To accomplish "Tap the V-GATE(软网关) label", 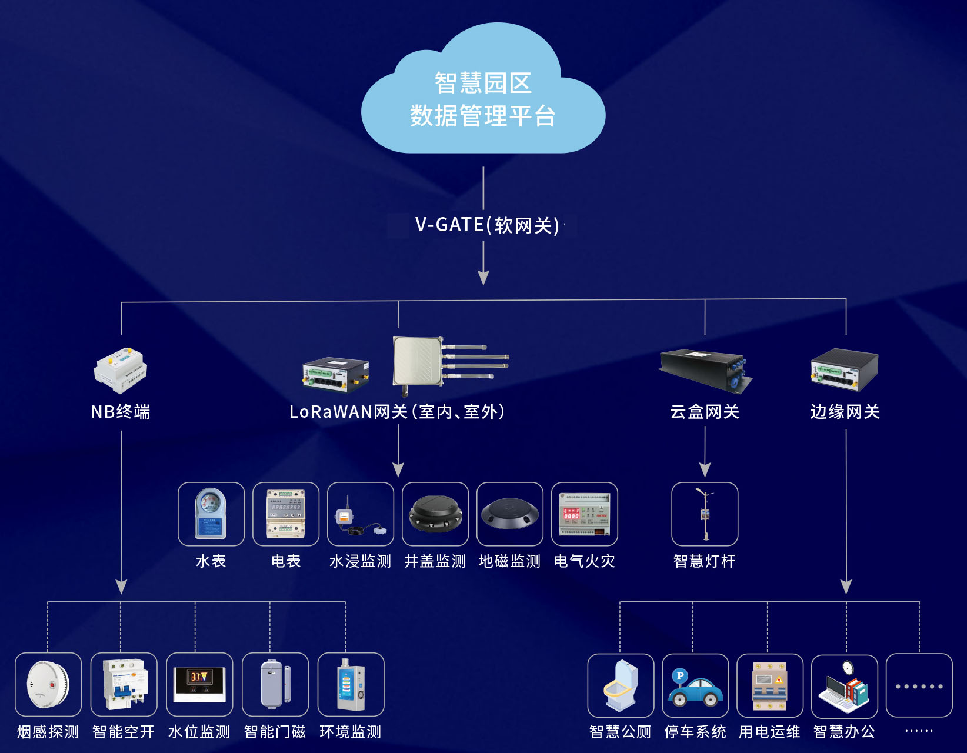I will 487,225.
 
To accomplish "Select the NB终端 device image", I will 121,370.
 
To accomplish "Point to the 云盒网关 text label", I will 705,412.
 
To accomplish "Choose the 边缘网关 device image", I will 844,370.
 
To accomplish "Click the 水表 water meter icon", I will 211,514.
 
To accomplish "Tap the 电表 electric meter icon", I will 286,514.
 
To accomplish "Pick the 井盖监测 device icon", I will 435,514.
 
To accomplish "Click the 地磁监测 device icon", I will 509,514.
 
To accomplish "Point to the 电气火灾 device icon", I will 585,514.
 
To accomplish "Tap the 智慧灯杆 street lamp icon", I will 705,514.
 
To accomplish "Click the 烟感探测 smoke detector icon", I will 48,685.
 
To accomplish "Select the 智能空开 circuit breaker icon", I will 124,685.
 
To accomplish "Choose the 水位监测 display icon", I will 199,685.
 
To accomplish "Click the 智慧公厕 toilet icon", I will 621,686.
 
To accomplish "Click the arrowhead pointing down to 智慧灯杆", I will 705,469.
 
